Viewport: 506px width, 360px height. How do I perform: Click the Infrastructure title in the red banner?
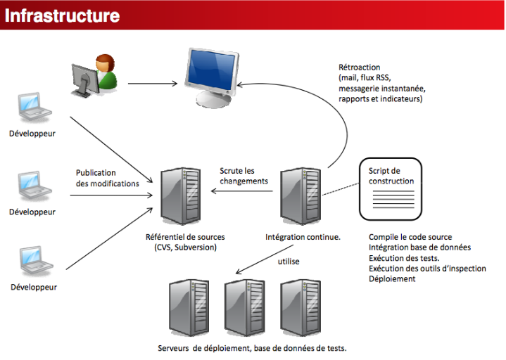click(63, 15)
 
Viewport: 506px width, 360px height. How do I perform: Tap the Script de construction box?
click(391, 188)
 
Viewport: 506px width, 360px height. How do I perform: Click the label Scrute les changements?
click(243, 176)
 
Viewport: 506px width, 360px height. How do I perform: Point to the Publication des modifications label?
click(107, 178)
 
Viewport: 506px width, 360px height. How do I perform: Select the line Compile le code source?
click(410, 237)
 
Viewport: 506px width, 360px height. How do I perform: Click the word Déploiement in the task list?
click(392, 278)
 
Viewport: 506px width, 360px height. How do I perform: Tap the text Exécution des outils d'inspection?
click(427, 268)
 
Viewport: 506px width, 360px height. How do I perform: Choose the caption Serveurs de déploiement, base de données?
click(252, 348)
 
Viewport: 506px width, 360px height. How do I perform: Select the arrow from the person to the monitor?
click(152, 85)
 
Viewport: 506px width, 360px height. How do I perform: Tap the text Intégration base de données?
click(419, 247)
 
